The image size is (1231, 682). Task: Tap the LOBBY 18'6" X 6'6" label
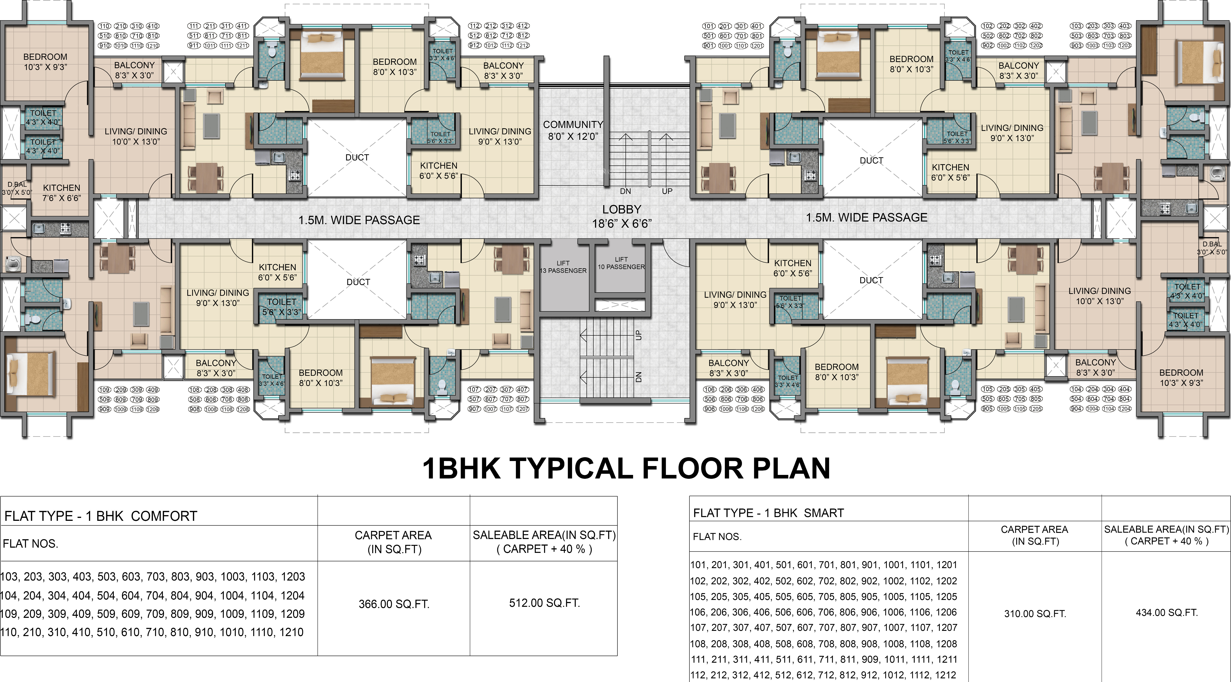tap(622, 216)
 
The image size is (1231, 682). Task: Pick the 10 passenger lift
tap(621, 263)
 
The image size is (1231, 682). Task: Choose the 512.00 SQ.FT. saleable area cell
tap(544, 603)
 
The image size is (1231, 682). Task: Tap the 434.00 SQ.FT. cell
tap(1167, 612)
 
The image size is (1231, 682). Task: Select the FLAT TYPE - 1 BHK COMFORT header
tap(101, 516)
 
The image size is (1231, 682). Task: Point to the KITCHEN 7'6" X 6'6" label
tap(62, 193)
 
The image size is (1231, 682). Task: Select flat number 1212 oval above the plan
tap(523, 45)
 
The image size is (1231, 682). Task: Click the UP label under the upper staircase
tap(667, 191)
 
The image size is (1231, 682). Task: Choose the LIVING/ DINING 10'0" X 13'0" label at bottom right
tap(1100, 296)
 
